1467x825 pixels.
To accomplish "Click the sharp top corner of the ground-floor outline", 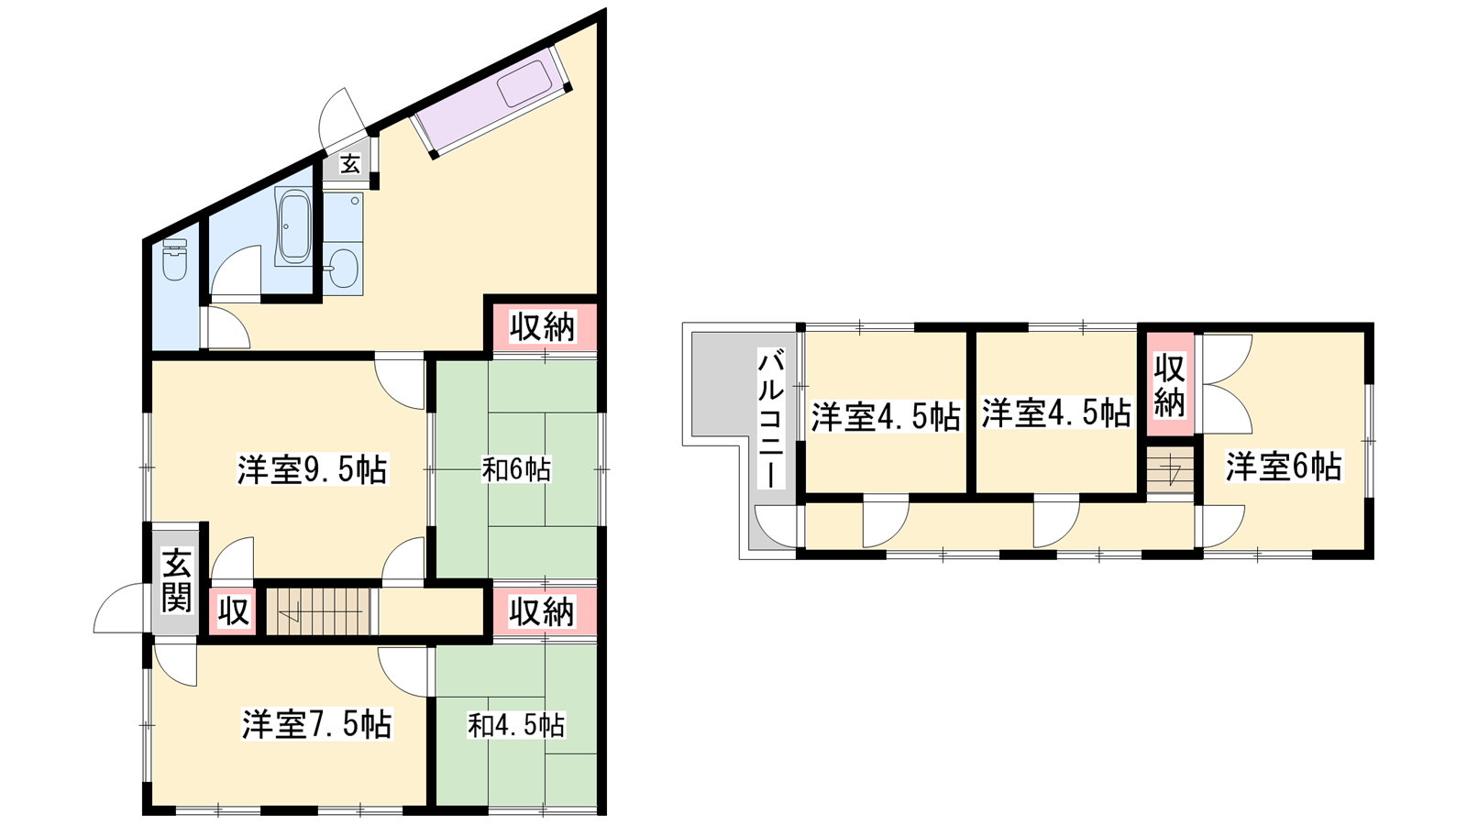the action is (x=604, y=10).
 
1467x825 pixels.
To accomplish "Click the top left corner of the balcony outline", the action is (x=683, y=323).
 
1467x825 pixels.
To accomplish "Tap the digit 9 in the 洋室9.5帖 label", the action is (x=313, y=469).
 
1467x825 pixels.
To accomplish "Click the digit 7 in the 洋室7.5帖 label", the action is (x=318, y=724).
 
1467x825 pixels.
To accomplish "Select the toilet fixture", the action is (x=174, y=259).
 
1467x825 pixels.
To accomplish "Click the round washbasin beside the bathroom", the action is (x=343, y=269).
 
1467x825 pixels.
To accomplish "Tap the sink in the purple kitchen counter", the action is (x=524, y=82).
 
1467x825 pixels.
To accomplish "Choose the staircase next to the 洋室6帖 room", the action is (x=1170, y=470).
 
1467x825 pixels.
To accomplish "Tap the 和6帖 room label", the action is (x=516, y=469).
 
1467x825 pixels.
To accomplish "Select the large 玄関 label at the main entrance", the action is (x=177, y=581).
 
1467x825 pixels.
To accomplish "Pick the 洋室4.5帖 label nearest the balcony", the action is (x=886, y=416).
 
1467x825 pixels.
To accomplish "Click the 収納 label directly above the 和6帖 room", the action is (x=542, y=326).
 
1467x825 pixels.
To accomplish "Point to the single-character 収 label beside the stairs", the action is (x=233, y=611).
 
